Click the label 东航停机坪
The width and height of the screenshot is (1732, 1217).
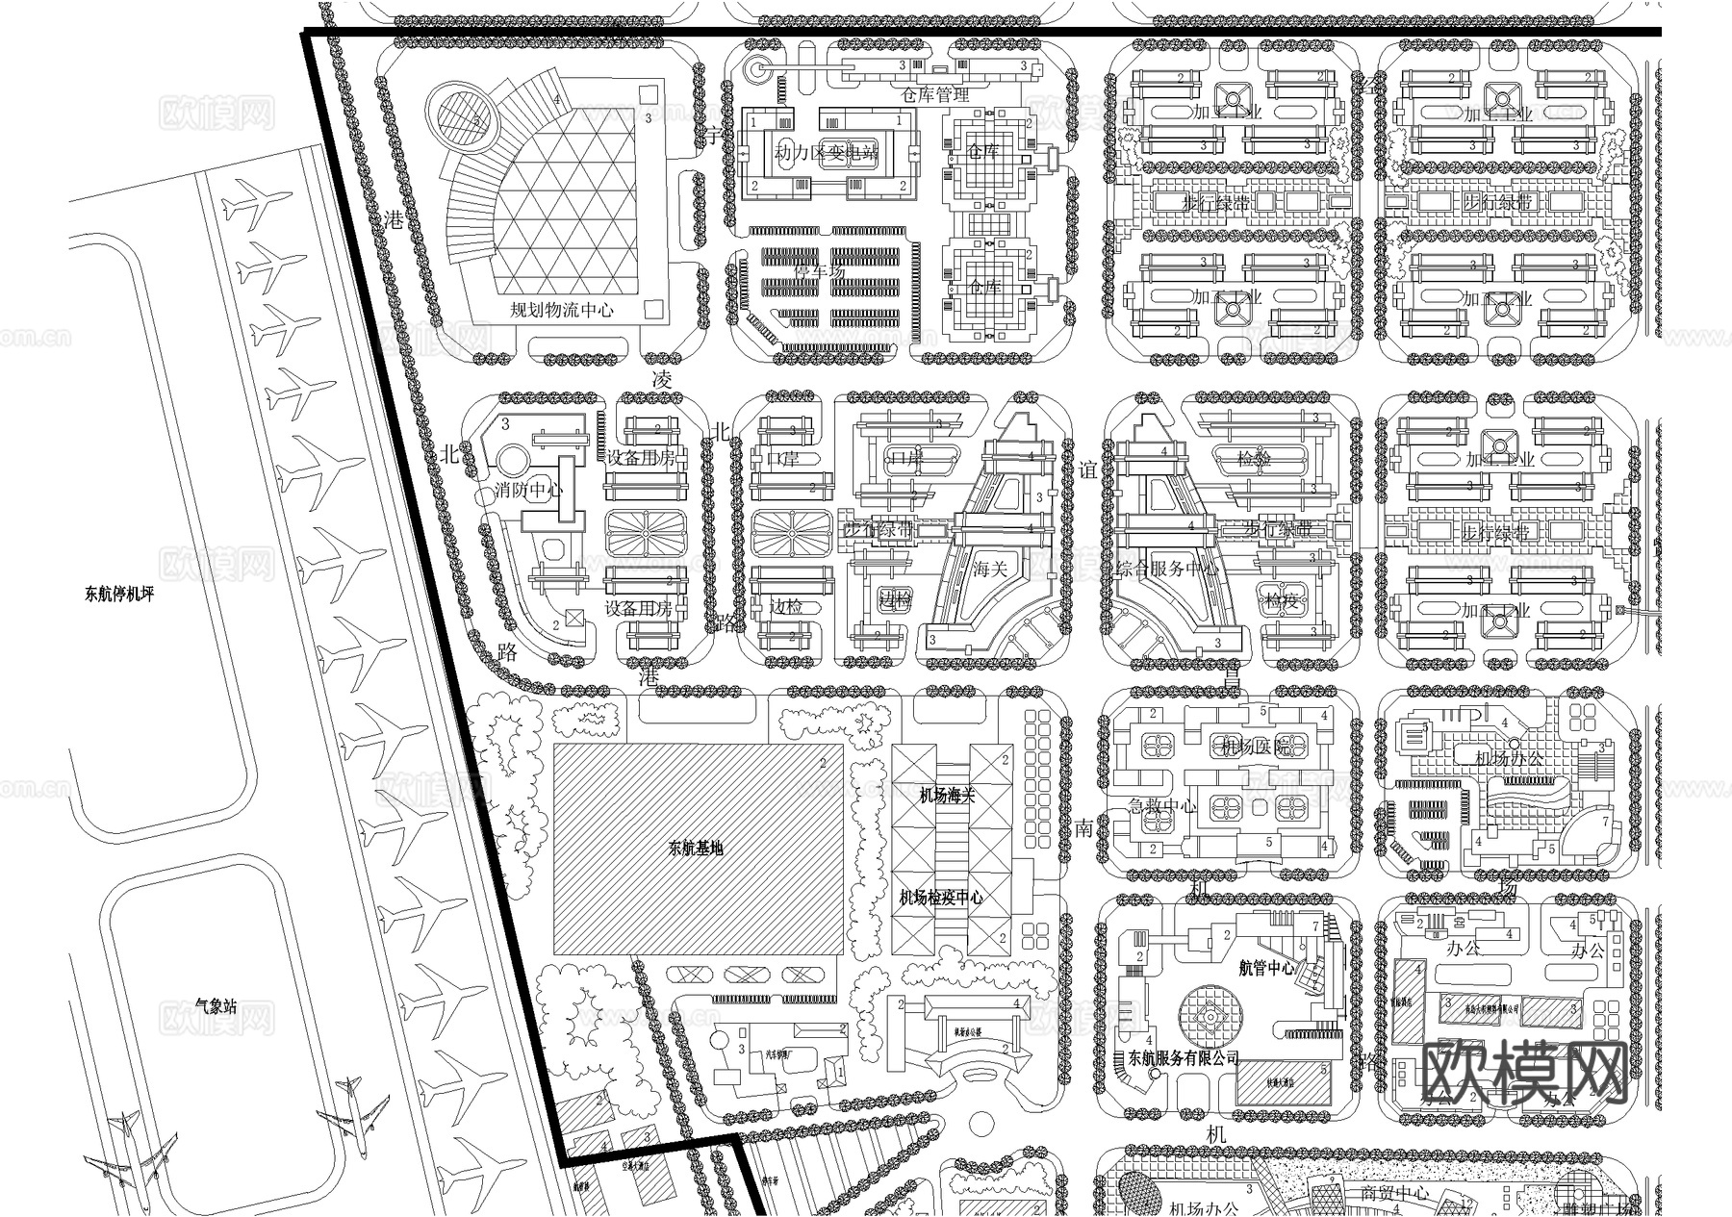(x=119, y=594)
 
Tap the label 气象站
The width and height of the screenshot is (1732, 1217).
(x=215, y=1006)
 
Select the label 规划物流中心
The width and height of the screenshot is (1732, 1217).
(x=562, y=310)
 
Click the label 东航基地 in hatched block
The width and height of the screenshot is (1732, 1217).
(x=695, y=849)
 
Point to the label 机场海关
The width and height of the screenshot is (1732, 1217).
(x=947, y=796)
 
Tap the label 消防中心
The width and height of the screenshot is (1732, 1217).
(x=528, y=490)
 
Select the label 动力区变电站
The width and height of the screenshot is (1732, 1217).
(x=827, y=153)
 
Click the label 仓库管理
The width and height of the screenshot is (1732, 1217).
(x=934, y=94)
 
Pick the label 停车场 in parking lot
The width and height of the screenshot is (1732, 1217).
(x=819, y=272)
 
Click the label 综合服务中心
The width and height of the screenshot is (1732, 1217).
(x=1165, y=569)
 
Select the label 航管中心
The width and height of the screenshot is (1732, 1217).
(x=1266, y=968)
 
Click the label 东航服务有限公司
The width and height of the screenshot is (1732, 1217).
(x=1183, y=1057)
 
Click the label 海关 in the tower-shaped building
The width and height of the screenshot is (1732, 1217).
(x=989, y=569)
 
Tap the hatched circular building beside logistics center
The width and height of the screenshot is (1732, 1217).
(x=461, y=118)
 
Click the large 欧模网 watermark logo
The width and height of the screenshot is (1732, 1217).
(x=1524, y=1072)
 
